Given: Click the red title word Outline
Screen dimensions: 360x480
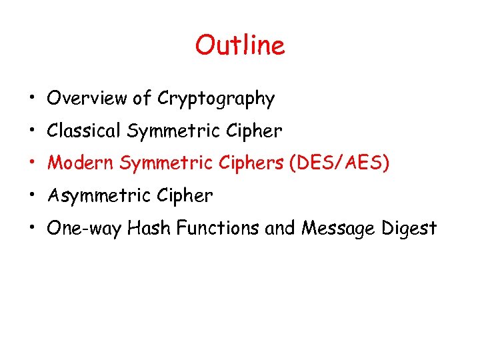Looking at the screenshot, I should (x=239, y=45).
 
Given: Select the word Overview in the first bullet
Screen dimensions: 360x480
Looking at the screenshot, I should (x=87, y=99).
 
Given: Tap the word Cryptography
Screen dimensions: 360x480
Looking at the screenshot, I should (x=216, y=99).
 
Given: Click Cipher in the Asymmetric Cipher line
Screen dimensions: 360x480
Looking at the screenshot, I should (x=185, y=196).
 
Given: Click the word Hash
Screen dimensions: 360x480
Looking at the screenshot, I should (x=145, y=228).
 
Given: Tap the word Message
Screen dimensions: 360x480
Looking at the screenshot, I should (x=339, y=229).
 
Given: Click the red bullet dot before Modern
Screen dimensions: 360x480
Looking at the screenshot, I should (x=31, y=163).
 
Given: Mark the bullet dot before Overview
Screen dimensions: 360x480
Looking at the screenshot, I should (x=31, y=99).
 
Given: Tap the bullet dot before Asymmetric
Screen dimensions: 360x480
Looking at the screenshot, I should (x=31, y=196).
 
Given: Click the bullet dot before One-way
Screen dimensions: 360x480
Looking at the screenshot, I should (x=31, y=228).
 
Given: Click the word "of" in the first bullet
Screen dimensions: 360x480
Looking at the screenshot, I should (x=141, y=99).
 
